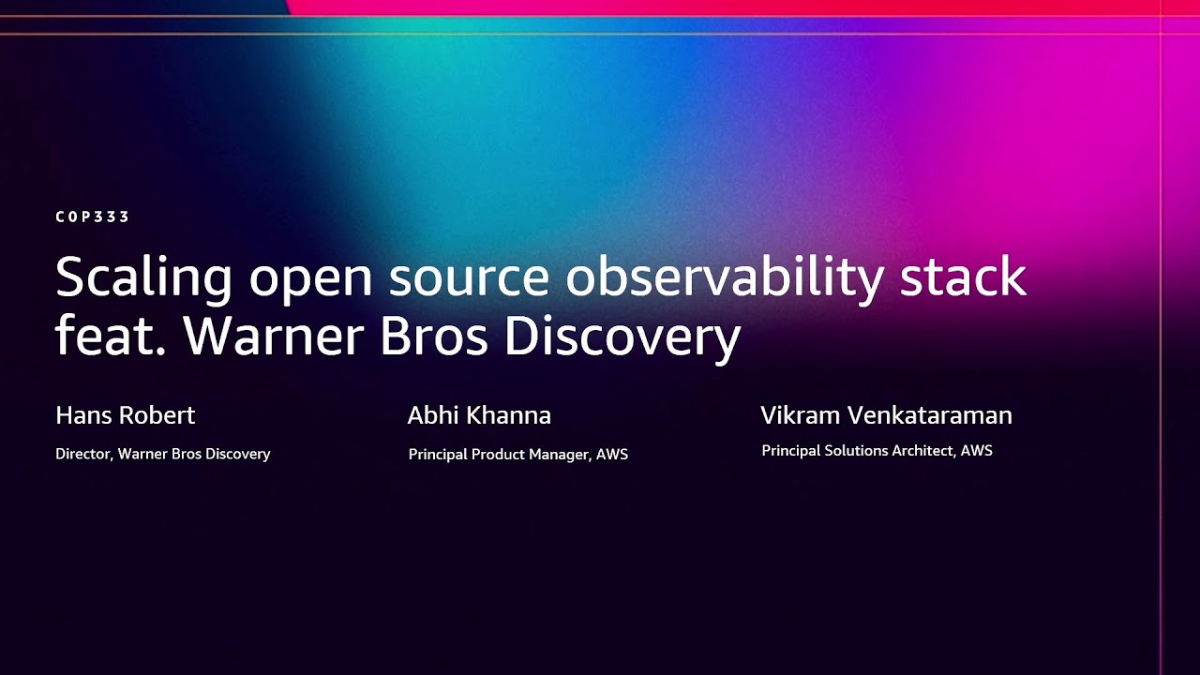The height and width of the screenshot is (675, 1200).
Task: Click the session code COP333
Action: [92, 217]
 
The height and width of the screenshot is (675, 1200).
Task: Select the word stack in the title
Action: [963, 277]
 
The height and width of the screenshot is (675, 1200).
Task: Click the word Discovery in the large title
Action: [622, 336]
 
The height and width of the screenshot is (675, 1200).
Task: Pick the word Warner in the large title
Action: [266, 336]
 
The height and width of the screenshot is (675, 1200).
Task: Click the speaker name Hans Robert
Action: [126, 415]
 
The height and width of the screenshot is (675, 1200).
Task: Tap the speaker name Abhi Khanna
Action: [479, 415]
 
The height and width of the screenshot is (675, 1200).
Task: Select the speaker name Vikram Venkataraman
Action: [886, 415]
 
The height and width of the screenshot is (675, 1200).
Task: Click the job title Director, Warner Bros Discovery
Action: [163, 454]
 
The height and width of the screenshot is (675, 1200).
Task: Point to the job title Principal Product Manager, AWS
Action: [517, 455]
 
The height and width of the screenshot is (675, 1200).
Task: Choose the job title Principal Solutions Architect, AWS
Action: [877, 451]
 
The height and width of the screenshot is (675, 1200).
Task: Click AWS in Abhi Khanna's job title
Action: [612, 455]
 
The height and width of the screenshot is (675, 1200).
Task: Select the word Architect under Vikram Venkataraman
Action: [922, 451]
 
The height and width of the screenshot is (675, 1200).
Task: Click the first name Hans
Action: [80, 415]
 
